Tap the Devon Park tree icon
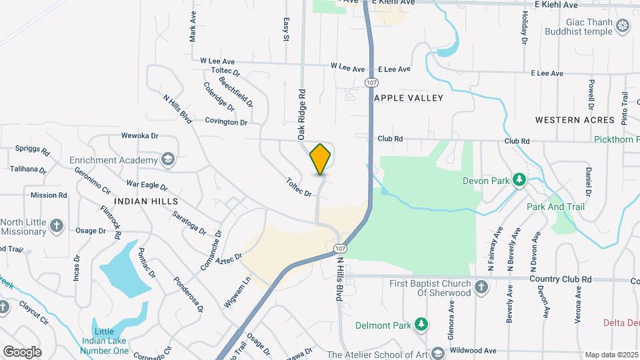[x=518, y=180]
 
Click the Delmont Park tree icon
[x=421, y=324]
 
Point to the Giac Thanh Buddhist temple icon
[x=623, y=26]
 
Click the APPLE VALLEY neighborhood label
[x=409, y=98]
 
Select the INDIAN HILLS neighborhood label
[x=146, y=201]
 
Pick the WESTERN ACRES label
[x=575, y=120]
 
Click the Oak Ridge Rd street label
[x=302, y=114]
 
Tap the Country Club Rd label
[x=560, y=279]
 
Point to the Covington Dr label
[x=226, y=122]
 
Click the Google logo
[x=22, y=352]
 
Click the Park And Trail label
[x=555, y=207]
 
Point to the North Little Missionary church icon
[x=57, y=225]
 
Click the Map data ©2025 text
[x=611, y=355]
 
